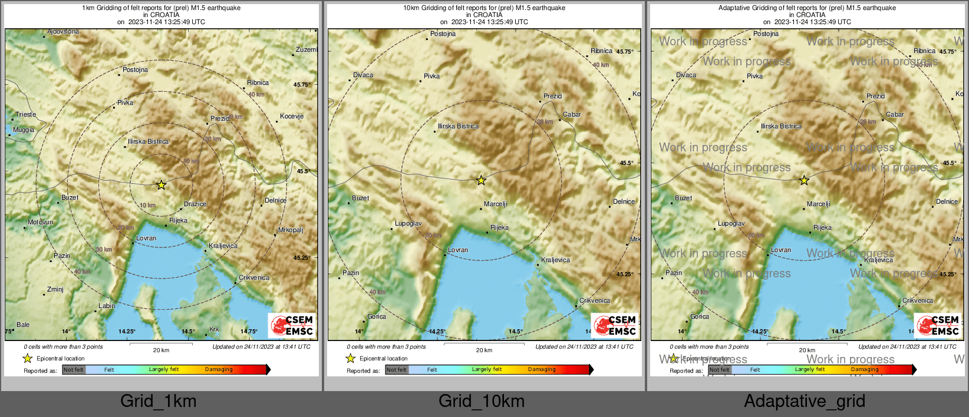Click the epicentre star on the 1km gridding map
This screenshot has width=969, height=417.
[161, 185]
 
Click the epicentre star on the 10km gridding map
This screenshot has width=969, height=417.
[481, 180]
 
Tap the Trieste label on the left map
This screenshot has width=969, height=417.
[25, 115]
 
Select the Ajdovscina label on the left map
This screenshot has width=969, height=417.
[63, 32]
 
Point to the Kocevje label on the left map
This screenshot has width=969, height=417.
[292, 117]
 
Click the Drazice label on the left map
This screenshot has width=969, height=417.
[195, 204]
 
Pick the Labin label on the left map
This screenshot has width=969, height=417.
[107, 306]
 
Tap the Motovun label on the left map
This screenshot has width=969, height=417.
[41, 223]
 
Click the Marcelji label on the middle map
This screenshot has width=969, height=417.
[495, 204]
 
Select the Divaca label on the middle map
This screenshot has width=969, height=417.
[363, 75]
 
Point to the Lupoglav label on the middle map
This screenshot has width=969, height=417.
[408, 224]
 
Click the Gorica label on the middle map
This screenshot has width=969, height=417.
[377, 317]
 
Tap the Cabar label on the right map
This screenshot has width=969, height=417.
[895, 115]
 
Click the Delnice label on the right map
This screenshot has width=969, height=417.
[947, 202]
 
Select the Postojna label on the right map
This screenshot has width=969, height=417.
[766, 34]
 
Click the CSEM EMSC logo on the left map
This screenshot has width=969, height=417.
[292, 325]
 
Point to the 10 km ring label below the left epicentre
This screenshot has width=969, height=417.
[148, 206]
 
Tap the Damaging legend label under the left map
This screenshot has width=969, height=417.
[219, 370]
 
